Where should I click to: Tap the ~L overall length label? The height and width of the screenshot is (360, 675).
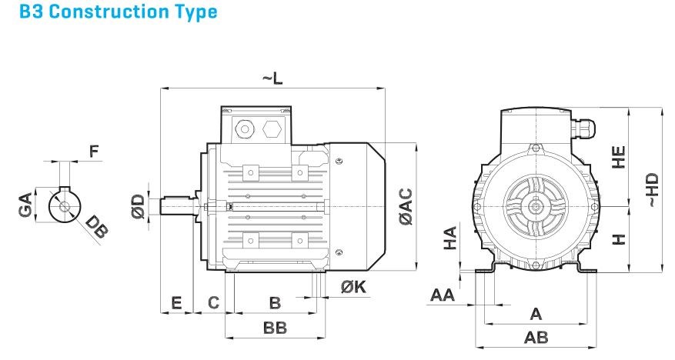[274, 78]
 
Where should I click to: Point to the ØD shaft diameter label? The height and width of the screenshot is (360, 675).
[138, 206]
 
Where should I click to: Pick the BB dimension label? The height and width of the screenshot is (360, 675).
[275, 328]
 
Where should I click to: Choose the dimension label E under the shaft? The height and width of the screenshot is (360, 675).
[177, 302]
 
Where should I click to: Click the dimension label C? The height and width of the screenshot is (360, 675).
[215, 302]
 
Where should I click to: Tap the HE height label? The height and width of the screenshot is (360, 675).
[619, 157]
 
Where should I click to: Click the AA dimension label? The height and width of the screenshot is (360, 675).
[442, 295]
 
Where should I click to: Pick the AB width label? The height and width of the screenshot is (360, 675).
[536, 338]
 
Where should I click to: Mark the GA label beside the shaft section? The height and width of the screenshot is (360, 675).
[26, 207]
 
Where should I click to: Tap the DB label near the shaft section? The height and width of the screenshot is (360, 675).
[96, 225]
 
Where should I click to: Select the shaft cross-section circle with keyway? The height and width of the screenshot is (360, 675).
[64, 205]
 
